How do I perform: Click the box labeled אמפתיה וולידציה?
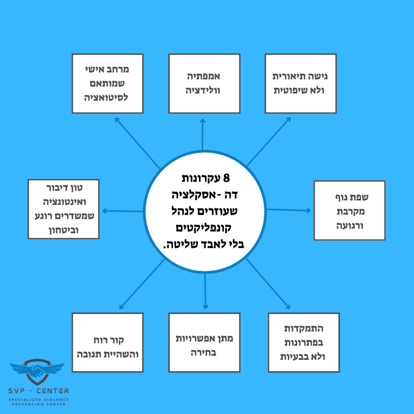203,83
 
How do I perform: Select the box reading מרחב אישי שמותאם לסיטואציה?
108,83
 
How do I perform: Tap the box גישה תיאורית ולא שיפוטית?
300,83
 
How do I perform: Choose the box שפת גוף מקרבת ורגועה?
349,210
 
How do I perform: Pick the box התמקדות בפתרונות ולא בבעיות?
304,342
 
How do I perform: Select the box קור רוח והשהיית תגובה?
108,342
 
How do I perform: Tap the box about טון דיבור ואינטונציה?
63,209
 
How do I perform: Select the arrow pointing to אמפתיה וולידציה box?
203,133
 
